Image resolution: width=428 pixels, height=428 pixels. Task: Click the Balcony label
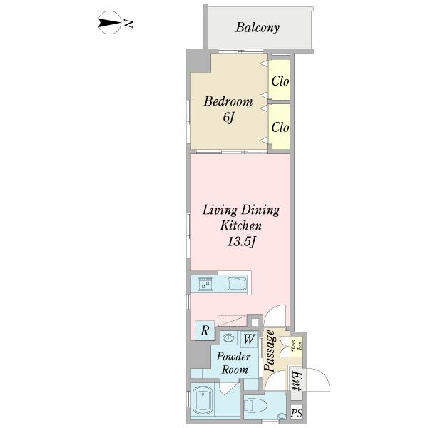coord(258,29)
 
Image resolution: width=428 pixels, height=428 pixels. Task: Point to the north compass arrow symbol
coord(109,24)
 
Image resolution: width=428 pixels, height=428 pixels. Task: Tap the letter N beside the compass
coord(130,24)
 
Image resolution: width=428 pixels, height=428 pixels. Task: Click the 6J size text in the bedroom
coord(228,118)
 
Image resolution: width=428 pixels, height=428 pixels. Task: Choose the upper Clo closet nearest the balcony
coord(280,81)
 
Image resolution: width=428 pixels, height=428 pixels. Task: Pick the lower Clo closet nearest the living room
coord(280,128)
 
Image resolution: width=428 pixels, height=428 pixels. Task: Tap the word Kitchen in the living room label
coord(240,225)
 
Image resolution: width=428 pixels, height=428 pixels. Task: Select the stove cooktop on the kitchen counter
coord(205,284)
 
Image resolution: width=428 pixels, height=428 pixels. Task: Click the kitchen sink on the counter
coord(237,284)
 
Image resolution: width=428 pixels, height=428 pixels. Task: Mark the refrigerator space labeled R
coord(205,330)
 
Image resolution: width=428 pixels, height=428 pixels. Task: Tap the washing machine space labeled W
coord(250,339)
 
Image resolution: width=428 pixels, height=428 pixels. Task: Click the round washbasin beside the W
coord(230,338)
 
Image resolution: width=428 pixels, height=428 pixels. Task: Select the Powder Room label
coord(233,362)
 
